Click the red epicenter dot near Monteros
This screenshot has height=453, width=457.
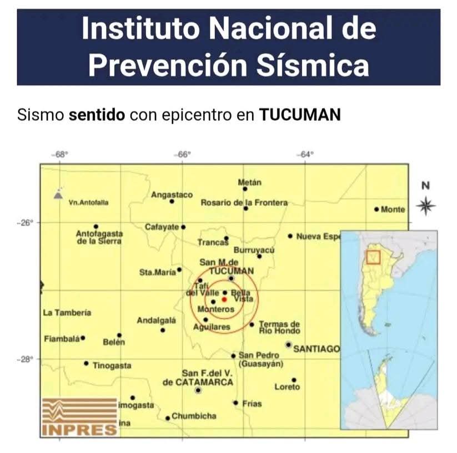(x=224, y=299)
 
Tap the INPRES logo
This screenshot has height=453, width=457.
(x=80, y=416)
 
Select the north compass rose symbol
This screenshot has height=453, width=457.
(x=426, y=206)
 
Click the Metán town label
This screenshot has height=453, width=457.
(x=249, y=182)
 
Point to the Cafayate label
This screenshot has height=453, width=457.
(x=162, y=227)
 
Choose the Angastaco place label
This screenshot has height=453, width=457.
(x=172, y=195)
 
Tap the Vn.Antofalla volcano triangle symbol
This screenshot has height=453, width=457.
(x=58, y=195)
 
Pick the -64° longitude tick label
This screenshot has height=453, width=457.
(x=306, y=155)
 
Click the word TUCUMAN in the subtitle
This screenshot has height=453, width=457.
(x=300, y=115)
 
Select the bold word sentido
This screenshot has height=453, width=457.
(x=97, y=115)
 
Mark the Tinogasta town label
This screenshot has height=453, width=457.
(x=112, y=365)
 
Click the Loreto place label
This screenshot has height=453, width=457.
(x=287, y=386)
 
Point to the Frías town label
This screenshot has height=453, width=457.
(x=252, y=404)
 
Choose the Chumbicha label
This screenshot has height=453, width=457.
(x=194, y=416)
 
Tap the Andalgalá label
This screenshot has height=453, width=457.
(x=157, y=320)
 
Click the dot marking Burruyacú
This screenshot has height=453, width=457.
(x=259, y=256)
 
